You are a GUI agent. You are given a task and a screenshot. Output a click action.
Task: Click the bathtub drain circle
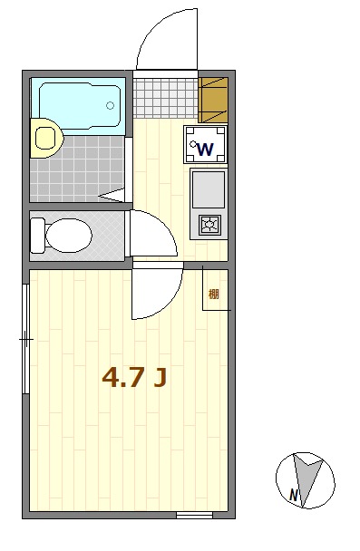click(x=110, y=105)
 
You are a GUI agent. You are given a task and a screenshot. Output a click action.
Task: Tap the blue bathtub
click(x=80, y=105)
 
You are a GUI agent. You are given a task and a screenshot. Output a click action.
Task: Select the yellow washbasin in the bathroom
click(x=45, y=138)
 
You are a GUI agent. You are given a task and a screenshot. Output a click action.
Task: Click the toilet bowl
click(x=69, y=236)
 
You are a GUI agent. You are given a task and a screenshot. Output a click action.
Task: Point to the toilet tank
click(x=37, y=236)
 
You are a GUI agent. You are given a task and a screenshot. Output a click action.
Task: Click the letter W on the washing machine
click(x=205, y=150)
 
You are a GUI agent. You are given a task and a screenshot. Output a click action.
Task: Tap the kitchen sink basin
click(x=209, y=189)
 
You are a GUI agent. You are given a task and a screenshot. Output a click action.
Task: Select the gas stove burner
click(x=209, y=225)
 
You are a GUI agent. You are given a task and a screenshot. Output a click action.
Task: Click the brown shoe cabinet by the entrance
click(x=213, y=100)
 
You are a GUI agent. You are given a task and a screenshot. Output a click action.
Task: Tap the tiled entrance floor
click(x=166, y=99)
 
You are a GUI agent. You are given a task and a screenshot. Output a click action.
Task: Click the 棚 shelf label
click(x=214, y=294)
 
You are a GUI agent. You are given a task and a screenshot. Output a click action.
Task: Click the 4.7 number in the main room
click(x=123, y=377)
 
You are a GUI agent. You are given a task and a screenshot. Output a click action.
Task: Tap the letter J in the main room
click(x=160, y=378)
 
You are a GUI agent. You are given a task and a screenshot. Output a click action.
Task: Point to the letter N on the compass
click(x=294, y=496)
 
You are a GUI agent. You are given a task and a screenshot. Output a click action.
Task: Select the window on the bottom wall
click(x=194, y=515)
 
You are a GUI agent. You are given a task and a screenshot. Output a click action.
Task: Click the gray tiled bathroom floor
click(x=77, y=169)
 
